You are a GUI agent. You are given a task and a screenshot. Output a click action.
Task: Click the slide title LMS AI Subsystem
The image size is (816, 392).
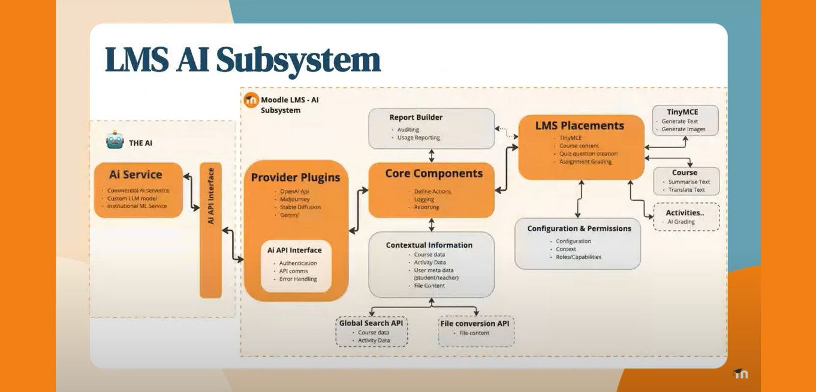(243, 60)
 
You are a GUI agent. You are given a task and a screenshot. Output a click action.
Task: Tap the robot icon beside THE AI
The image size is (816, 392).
(115, 141)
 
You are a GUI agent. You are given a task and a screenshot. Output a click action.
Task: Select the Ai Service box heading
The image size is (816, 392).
(136, 175)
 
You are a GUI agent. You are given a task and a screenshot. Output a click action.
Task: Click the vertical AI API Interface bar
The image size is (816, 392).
(210, 230)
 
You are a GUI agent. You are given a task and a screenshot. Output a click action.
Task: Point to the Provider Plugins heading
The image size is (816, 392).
(296, 177)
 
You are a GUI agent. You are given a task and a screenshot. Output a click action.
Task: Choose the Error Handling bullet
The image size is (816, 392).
(298, 279)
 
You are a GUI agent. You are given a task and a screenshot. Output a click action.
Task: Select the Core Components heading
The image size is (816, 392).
(433, 174)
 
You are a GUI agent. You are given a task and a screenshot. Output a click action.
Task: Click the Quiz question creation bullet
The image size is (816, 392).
(588, 153)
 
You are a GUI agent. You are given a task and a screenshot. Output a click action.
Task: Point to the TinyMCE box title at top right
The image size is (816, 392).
(682, 112)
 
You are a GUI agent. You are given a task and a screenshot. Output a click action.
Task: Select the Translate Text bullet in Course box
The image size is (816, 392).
(686, 190)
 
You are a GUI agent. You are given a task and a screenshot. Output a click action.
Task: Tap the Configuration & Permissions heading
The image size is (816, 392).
(579, 228)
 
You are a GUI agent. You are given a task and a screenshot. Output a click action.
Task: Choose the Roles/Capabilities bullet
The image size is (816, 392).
(579, 257)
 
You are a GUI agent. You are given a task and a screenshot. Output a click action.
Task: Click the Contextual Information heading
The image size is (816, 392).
(429, 245)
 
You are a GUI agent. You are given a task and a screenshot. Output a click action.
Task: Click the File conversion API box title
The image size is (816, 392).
(475, 324)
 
